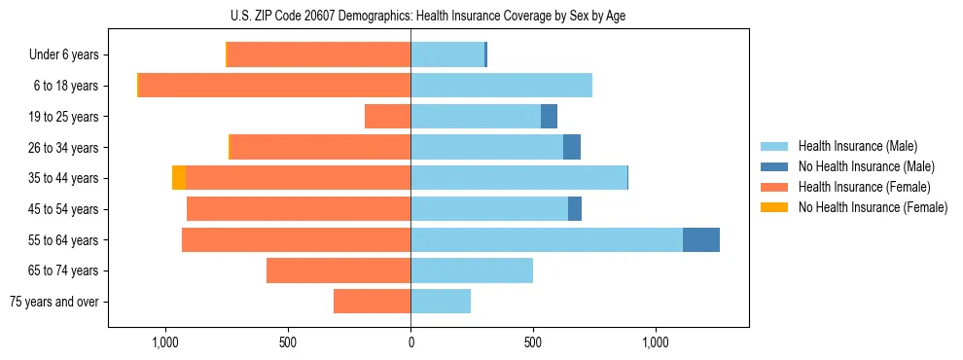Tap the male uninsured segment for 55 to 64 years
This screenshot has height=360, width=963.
(x=701, y=239)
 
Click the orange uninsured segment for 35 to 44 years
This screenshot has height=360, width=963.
(x=179, y=178)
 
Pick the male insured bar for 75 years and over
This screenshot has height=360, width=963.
(x=441, y=302)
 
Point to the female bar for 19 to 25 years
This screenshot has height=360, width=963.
(x=387, y=117)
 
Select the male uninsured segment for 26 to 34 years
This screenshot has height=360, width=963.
(x=572, y=147)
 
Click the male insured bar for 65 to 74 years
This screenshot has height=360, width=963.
(x=472, y=270)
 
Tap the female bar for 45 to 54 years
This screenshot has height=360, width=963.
(x=299, y=209)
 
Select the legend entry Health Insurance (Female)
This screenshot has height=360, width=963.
(x=864, y=187)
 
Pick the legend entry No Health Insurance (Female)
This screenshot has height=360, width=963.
(x=873, y=207)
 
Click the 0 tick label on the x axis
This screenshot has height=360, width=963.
(x=410, y=342)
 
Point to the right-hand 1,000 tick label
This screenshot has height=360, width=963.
(x=656, y=342)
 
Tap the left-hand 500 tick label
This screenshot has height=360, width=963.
(x=288, y=342)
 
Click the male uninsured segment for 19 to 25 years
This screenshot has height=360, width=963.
(x=550, y=117)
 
